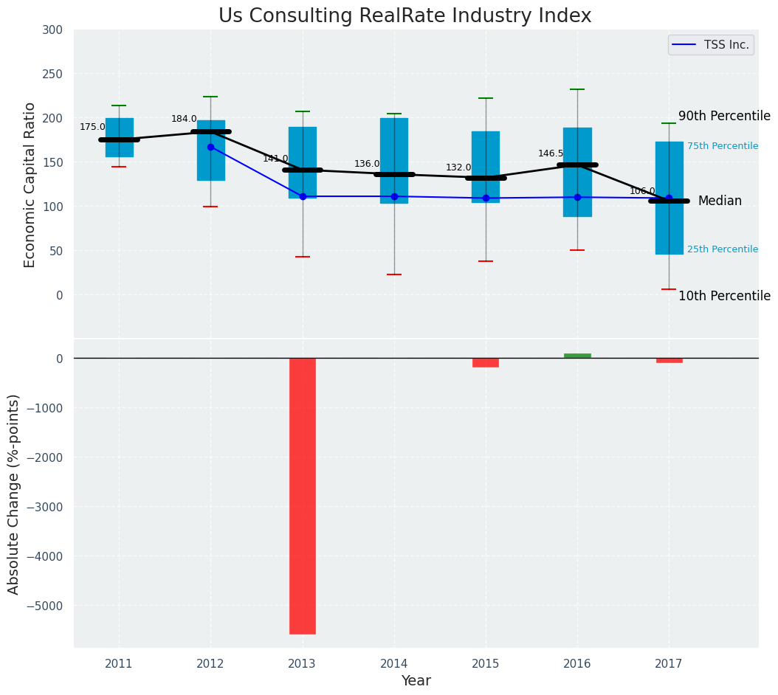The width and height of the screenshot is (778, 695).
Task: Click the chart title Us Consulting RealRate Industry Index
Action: pos(405,16)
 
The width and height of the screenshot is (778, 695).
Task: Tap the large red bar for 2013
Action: pos(303,496)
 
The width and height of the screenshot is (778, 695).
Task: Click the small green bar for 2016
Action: pos(577,356)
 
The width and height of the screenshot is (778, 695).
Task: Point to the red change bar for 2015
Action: pos(486,362)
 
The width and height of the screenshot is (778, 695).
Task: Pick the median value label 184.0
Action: pos(184,119)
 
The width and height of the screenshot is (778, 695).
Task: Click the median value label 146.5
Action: pos(551,153)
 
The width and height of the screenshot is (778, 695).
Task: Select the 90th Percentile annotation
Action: pos(724,117)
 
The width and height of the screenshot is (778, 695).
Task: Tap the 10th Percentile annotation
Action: pos(724,296)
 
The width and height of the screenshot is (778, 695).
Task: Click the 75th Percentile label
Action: pos(722,146)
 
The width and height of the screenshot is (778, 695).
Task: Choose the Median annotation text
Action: pos(720,201)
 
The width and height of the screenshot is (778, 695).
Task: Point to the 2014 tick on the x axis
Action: pos(394,663)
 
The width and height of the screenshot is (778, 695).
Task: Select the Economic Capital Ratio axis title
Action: pos(30,184)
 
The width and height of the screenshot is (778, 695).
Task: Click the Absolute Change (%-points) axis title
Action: pos(14,494)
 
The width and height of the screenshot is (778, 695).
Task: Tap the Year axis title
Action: pos(416,681)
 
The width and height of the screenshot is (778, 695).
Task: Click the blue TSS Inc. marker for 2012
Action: pos(210,147)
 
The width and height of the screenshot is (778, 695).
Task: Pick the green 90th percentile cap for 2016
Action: pos(577,89)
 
